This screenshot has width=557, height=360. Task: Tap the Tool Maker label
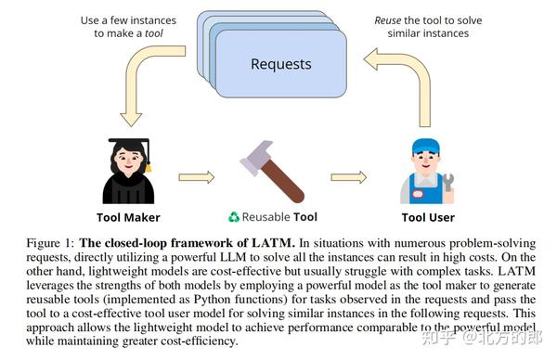click(129, 218)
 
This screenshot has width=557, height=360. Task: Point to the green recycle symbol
click(233, 218)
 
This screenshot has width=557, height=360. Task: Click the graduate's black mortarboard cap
click(129, 146)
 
